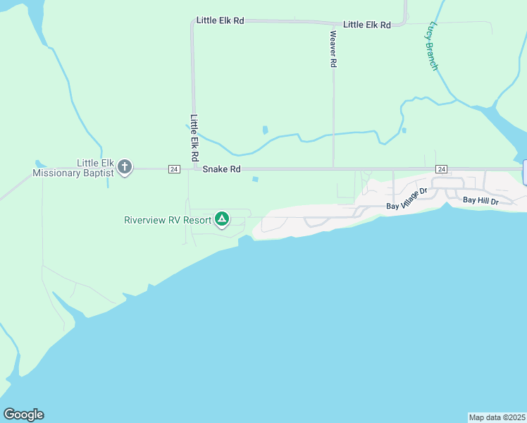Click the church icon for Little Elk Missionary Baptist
click(x=125, y=167)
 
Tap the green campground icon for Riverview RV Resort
click(x=222, y=219)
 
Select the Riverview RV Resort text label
click(x=168, y=220)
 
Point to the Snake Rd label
click(x=222, y=169)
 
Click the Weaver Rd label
click(x=333, y=49)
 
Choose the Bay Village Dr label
click(x=407, y=200)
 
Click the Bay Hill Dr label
click(x=480, y=201)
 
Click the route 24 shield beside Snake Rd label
click(x=174, y=169)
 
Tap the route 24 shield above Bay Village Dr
click(x=442, y=169)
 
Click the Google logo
click(x=23, y=415)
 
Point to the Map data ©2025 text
click(x=497, y=417)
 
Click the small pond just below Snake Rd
click(x=254, y=179)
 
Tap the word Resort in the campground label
click(x=197, y=220)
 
